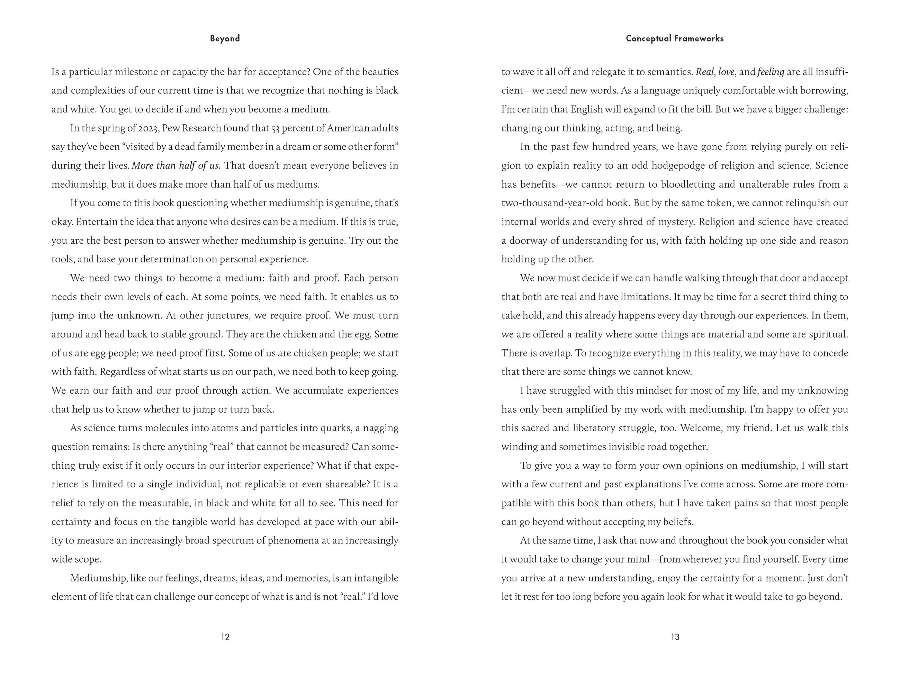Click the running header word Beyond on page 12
pyautogui.click(x=225, y=39)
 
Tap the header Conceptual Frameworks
pyautogui.click(x=675, y=39)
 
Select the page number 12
pyautogui.click(x=225, y=637)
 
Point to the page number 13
pyautogui.click(x=675, y=637)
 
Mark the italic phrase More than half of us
pyautogui.click(x=176, y=165)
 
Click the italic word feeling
pyautogui.click(x=771, y=72)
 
